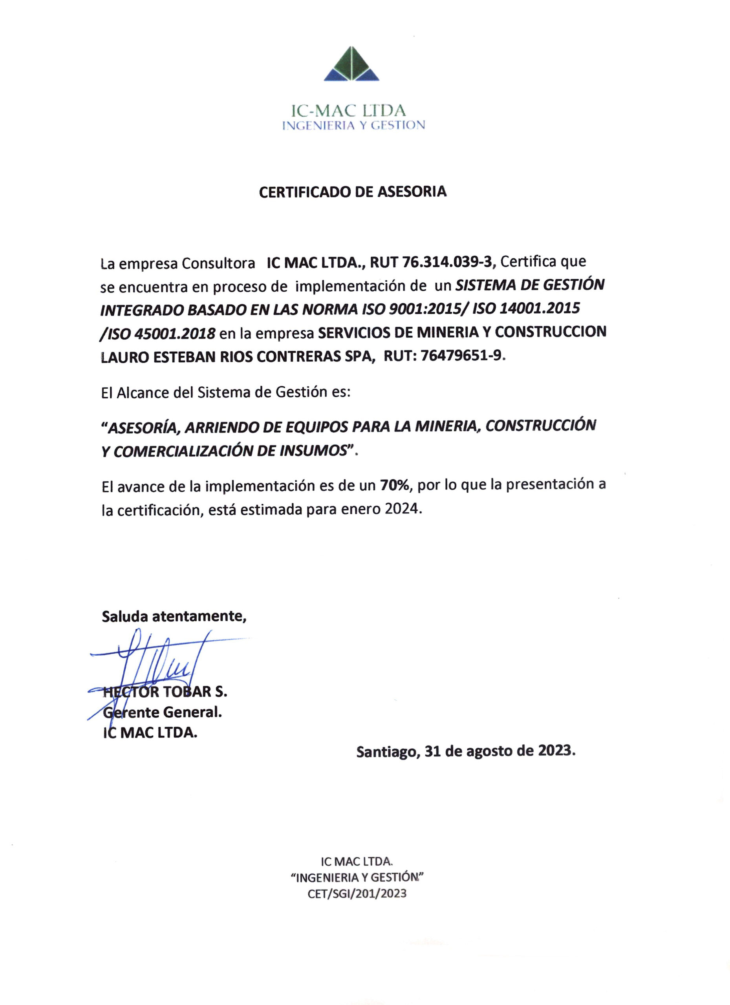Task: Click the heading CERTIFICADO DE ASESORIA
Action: [352, 192]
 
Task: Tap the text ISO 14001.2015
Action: [526, 309]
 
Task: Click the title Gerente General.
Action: [162, 713]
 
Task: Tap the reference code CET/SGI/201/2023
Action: [357, 894]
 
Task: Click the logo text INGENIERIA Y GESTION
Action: [354, 125]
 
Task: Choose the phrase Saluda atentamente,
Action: [174, 616]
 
